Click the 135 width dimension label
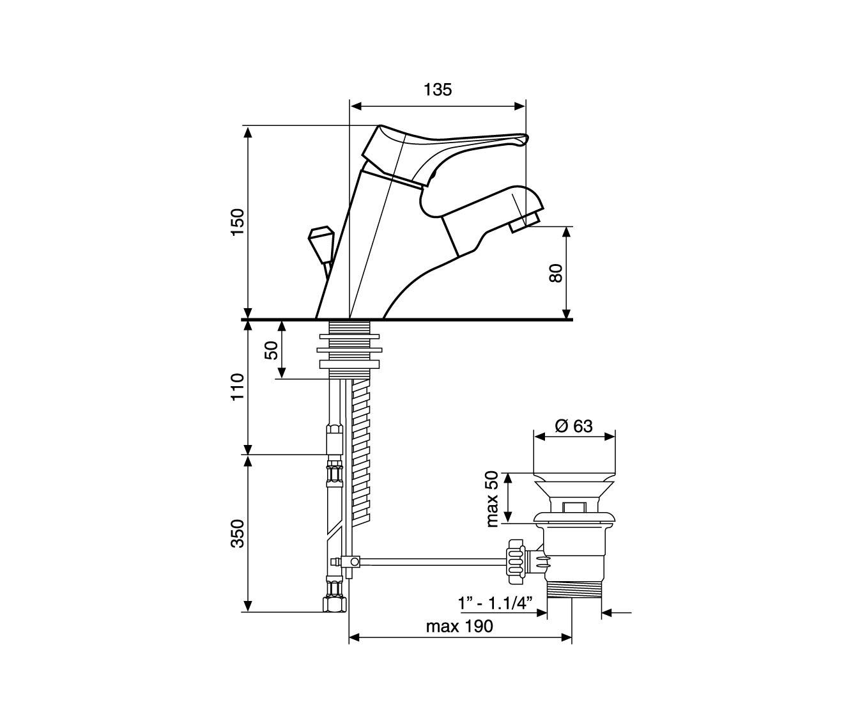click(438, 90)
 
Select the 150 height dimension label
click(238, 222)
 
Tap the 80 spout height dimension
click(556, 273)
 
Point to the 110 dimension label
click(238, 387)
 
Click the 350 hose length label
click(238, 533)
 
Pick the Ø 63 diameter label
click(574, 426)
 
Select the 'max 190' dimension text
click(459, 627)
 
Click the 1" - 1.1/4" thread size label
click(495, 604)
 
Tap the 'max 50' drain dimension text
click(492, 499)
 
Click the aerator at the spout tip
click(525, 222)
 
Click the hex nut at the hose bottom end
click(334, 605)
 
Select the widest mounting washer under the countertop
click(349, 350)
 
